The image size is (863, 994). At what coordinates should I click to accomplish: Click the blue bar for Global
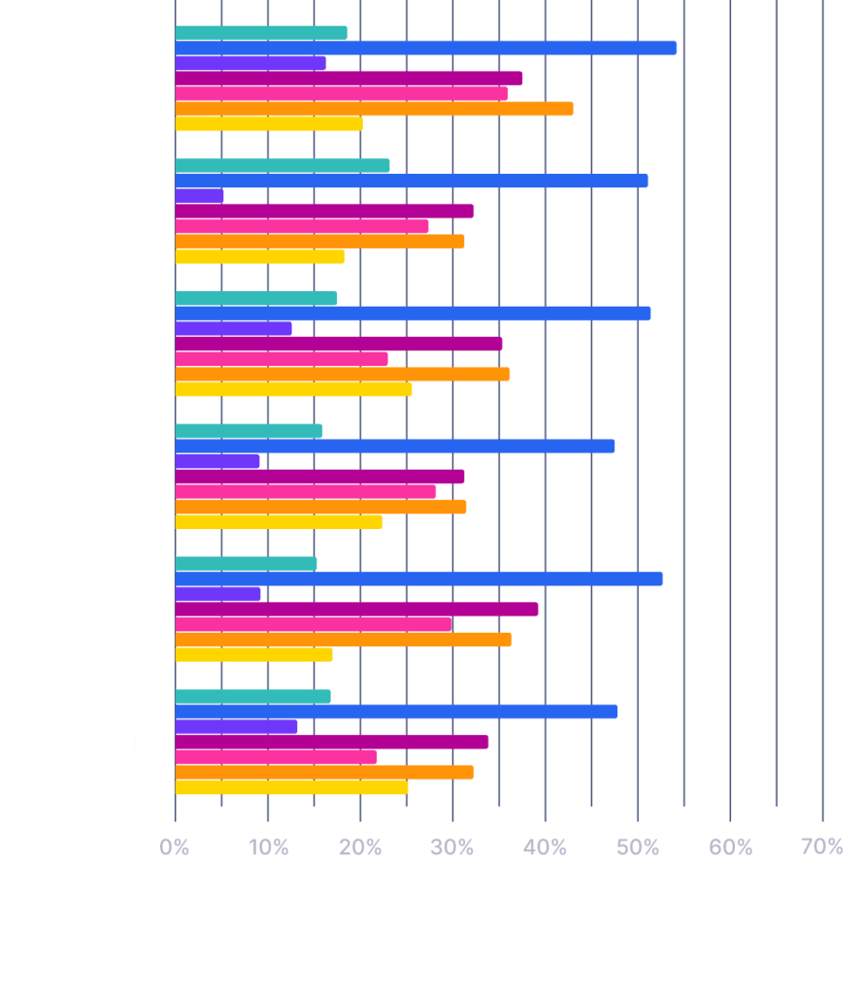[x=425, y=48]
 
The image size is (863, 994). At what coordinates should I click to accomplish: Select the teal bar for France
[x=282, y=166]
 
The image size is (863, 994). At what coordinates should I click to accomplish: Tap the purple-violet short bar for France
[x=199, y=195]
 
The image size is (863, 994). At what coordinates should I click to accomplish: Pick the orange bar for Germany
[x=342, y=374]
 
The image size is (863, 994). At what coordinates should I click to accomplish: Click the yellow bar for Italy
[x=279, y=522]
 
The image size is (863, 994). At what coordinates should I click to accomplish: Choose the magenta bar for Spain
[x=356, y=610]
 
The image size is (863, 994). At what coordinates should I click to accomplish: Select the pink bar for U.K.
[x=276, y=757]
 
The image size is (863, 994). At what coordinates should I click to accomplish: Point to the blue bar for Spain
[x=418, y=579]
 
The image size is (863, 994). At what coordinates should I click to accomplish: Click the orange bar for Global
[x=374, y=109]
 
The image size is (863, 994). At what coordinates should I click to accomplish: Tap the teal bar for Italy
[x=249, y=431]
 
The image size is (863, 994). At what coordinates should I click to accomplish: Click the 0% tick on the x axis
[x=175, y=847]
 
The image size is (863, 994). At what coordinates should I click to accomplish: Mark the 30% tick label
[x=452, y=847]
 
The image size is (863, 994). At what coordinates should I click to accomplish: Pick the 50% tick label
[x=638, y=847]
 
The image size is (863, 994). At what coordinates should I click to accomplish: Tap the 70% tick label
[x=822, y=847]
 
